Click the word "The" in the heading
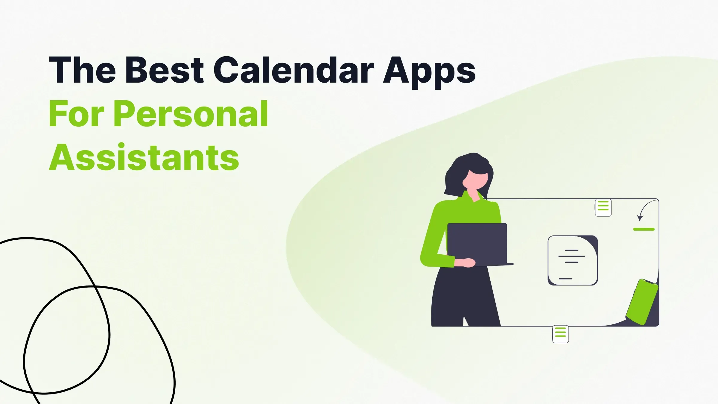[82, 71]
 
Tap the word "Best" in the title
[164, 71]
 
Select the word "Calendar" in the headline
[293, 71]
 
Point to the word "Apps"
[429, 72]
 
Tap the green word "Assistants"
[144, 157]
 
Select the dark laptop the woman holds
[477, 242]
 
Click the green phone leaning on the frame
[642, 302]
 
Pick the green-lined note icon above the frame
[603, 207]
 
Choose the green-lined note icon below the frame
[560, 334]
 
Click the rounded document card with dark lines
[572, 260]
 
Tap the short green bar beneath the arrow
[644, 229]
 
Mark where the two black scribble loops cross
[95, 287]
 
